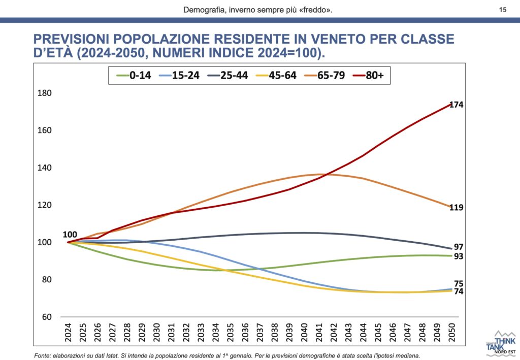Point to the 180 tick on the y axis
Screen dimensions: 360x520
pos(45,93)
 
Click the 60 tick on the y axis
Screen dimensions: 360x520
pos(47,317)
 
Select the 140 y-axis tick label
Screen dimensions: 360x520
pos(45,168)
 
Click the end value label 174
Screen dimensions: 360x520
pos(456,105)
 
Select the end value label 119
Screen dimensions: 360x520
pos(456,208)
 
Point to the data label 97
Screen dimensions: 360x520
pos(459,247)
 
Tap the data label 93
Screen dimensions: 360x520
pos(459,256)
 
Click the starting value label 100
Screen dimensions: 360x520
pos(70,235)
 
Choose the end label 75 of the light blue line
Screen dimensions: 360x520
pos(459,283)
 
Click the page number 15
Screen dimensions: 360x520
pos(503,9)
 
